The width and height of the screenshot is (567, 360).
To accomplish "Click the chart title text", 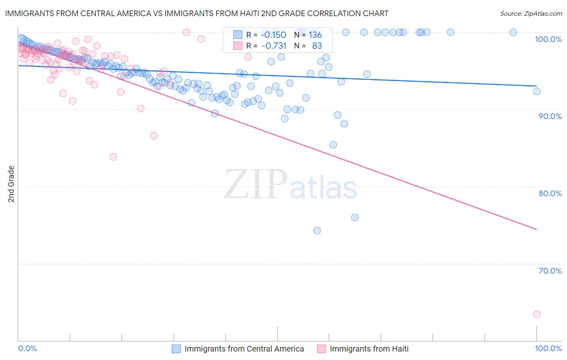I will tap(197, 13).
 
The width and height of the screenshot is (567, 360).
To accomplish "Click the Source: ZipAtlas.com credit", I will tap(531, 13).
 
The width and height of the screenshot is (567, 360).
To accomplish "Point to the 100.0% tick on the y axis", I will tap(548, 39).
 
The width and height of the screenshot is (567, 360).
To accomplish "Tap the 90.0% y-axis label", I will tap(550, 116).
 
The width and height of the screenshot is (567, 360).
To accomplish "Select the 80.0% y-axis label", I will tap(550, 193).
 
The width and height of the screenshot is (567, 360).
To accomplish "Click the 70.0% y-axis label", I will tap(550, 271).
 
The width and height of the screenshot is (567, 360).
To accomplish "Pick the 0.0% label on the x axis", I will tap(28, 348).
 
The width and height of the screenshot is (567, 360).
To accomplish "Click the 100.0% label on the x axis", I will tap(548, 348).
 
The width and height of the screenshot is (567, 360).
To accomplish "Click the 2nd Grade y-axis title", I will tap(11, 184).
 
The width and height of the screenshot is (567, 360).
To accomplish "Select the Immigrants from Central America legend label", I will tap(244, 349).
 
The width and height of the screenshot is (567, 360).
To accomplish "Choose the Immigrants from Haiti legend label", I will tap(369, 349).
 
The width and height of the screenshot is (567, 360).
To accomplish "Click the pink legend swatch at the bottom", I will tap(321, 349).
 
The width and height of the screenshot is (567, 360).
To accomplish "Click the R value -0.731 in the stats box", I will tap(273, 46).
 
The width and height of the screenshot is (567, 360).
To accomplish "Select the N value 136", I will tap(315, 35).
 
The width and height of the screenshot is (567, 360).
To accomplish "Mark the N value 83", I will tap(317, 46).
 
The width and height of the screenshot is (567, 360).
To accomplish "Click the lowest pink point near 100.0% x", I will tap(536, 314).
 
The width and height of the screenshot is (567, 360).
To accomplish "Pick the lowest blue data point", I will tap(317, 230).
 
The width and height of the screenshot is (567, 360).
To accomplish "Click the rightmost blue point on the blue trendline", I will tap(537, 91).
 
